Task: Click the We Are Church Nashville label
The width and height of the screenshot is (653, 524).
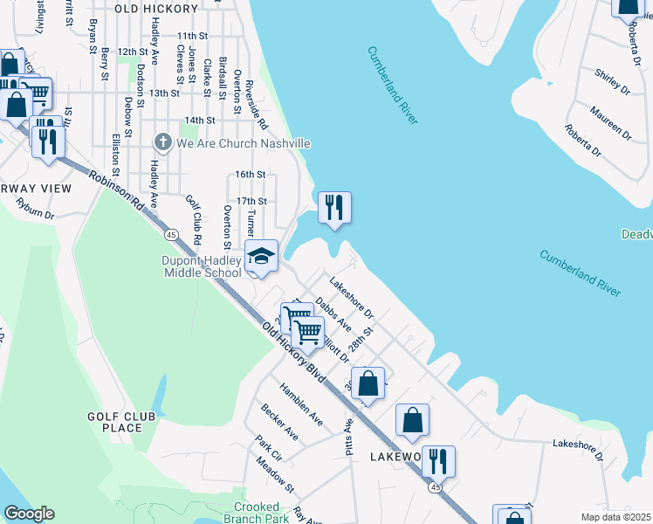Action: point(244,143)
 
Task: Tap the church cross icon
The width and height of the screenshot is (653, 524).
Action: point(162,142)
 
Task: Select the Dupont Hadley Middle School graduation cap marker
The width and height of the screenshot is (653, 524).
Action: point(260,257)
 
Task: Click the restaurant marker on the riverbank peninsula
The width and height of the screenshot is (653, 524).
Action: point(334,208)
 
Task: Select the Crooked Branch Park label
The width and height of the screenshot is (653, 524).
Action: point(262,513)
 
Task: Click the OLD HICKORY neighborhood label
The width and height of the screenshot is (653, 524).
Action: point(156,8)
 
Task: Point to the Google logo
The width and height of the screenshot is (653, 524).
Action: point(28,514)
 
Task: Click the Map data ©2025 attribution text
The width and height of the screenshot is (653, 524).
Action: point(615,516)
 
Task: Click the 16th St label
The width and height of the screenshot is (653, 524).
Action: point(250,175)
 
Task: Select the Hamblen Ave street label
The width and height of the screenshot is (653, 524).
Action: point(301,403)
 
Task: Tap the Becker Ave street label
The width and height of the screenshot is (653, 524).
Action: point(279,423)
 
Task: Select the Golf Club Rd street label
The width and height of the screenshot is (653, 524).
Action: point(194,218)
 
